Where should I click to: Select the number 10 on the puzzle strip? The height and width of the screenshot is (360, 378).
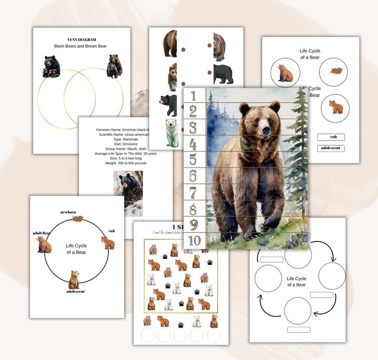pyautogui.click(x=194, y=240)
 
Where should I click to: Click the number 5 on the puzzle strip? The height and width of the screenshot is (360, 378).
pyautogui.click(x=193, y=160)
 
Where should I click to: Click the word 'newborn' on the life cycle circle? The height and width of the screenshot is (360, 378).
pyautogui.click(x=69, y=212)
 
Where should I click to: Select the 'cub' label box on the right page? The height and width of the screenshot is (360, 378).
pyautogui.click(x=331, y=137)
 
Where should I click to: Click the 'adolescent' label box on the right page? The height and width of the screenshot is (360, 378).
pyautogui.click(x=331, y=148)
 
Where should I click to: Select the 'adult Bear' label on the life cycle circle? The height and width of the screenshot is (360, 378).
pyautogui.click(x=41, y=233)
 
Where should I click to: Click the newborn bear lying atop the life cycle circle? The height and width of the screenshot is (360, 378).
pyautogui.click(x=77, y=219)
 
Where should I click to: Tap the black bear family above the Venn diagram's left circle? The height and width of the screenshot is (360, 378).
pyautogui.click(x=52, y=66)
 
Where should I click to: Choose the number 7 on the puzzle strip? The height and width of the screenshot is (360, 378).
pyautogui.click(x=193, y=193)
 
